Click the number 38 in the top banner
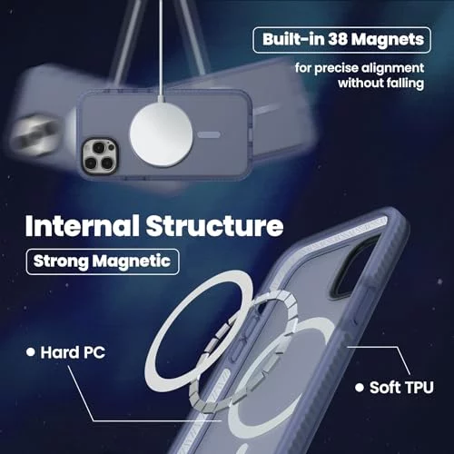337,39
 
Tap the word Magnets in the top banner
388,40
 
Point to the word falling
405,83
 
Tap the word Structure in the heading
215,226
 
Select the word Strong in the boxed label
61,262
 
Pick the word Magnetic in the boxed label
132,261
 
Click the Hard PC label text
73,352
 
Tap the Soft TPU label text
401,388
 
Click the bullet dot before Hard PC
30,352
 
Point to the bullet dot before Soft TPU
360,388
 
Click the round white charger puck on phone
161,135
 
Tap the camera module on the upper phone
100,156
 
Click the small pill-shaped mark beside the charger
209,134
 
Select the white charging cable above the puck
161,50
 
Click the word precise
336,68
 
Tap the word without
360,83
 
